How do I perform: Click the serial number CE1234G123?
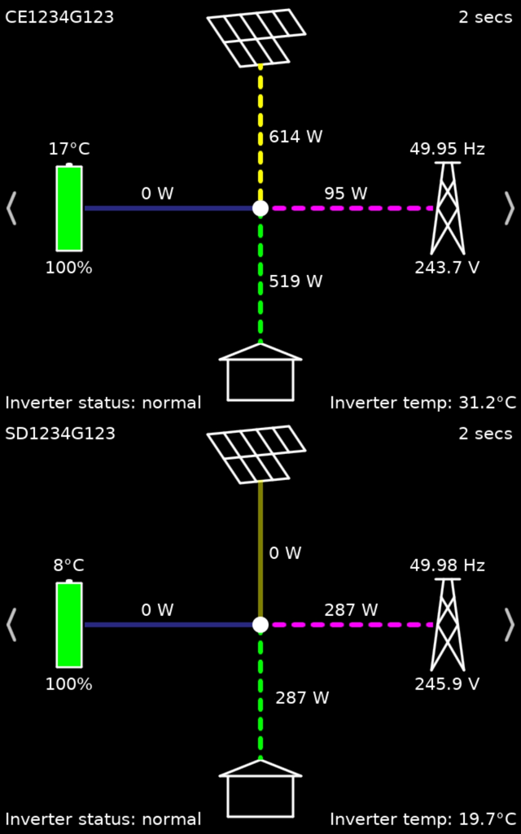[x=59, y=17]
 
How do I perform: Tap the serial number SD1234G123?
[x=60, y=434]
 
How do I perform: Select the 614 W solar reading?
[x=296, y=137]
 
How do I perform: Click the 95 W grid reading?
[x=345, y=194]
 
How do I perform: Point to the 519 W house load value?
[x=296, y=282]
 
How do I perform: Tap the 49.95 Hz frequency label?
[x=447, y=149]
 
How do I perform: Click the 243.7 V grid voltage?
[x=447, y=267]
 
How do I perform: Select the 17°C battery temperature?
[x=68, y=149]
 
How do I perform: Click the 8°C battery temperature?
[x=68, y=565]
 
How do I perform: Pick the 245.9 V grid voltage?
[x=447, y=683]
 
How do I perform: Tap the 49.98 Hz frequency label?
[x=447, y=565]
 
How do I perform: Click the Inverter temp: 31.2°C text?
[x=422, y=403]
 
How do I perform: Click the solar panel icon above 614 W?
[x=256, y=37]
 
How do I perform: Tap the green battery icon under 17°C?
[x=69, y=207]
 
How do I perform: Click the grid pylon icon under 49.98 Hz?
[x=447, y=624]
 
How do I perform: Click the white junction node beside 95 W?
[x=260, y=208]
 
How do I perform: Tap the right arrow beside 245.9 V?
[x=510, y=624]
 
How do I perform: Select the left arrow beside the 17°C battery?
[x=11, y=207]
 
